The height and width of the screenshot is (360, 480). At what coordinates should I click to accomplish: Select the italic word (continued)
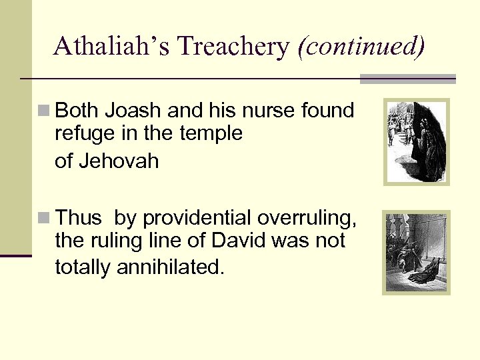(x=361, y=46)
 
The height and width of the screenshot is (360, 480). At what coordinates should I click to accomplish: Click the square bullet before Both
(x=44, y=110)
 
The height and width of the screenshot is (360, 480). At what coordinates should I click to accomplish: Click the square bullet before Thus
(x=44, y=218)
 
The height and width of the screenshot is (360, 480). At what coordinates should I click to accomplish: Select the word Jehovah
(x=117, y=161)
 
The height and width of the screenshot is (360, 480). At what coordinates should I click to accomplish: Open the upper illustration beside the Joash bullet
(x=416, y=142)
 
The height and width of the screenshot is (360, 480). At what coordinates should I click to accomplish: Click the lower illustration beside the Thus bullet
(x=416, y=252)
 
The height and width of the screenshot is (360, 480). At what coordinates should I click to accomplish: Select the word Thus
(x=79, y=218)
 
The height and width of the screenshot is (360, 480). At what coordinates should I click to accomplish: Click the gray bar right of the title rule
(x=407, y=79)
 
